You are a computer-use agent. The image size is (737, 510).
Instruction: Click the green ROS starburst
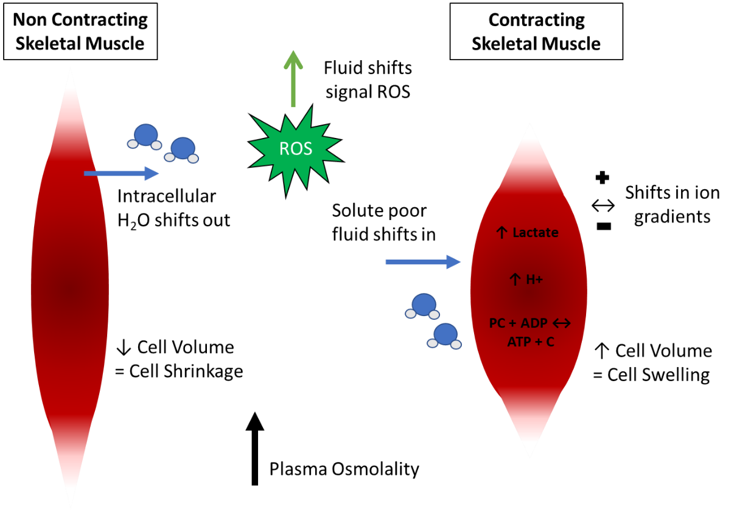click(x=296, y=150)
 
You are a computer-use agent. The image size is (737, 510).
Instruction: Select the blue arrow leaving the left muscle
click(x=121, y=174)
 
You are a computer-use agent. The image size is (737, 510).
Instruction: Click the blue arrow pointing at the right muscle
click(x=423, y=262)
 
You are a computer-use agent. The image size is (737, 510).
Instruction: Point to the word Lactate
click(x=536, y=233)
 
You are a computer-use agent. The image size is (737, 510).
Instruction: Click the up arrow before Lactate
click(x=501, y=233)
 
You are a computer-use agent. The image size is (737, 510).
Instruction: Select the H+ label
click(x=534, y=280)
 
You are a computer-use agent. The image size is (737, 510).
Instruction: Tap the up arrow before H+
click(x=515, y=280)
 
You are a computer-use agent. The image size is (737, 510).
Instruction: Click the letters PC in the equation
click(x=497, y=323)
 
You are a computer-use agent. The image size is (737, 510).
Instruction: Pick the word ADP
click(x=534, y=323)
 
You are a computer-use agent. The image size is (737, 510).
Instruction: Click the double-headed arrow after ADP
click(x=561, y=323)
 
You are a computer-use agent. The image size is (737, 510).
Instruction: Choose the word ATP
click(x=519, y=342)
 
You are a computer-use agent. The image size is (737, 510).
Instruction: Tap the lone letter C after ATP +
click(x=550, y=342)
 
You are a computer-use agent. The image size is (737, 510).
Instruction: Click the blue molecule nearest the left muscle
click(x=145, y=136)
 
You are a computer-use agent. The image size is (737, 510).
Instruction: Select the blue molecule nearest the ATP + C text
click(x=445, y=335)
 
